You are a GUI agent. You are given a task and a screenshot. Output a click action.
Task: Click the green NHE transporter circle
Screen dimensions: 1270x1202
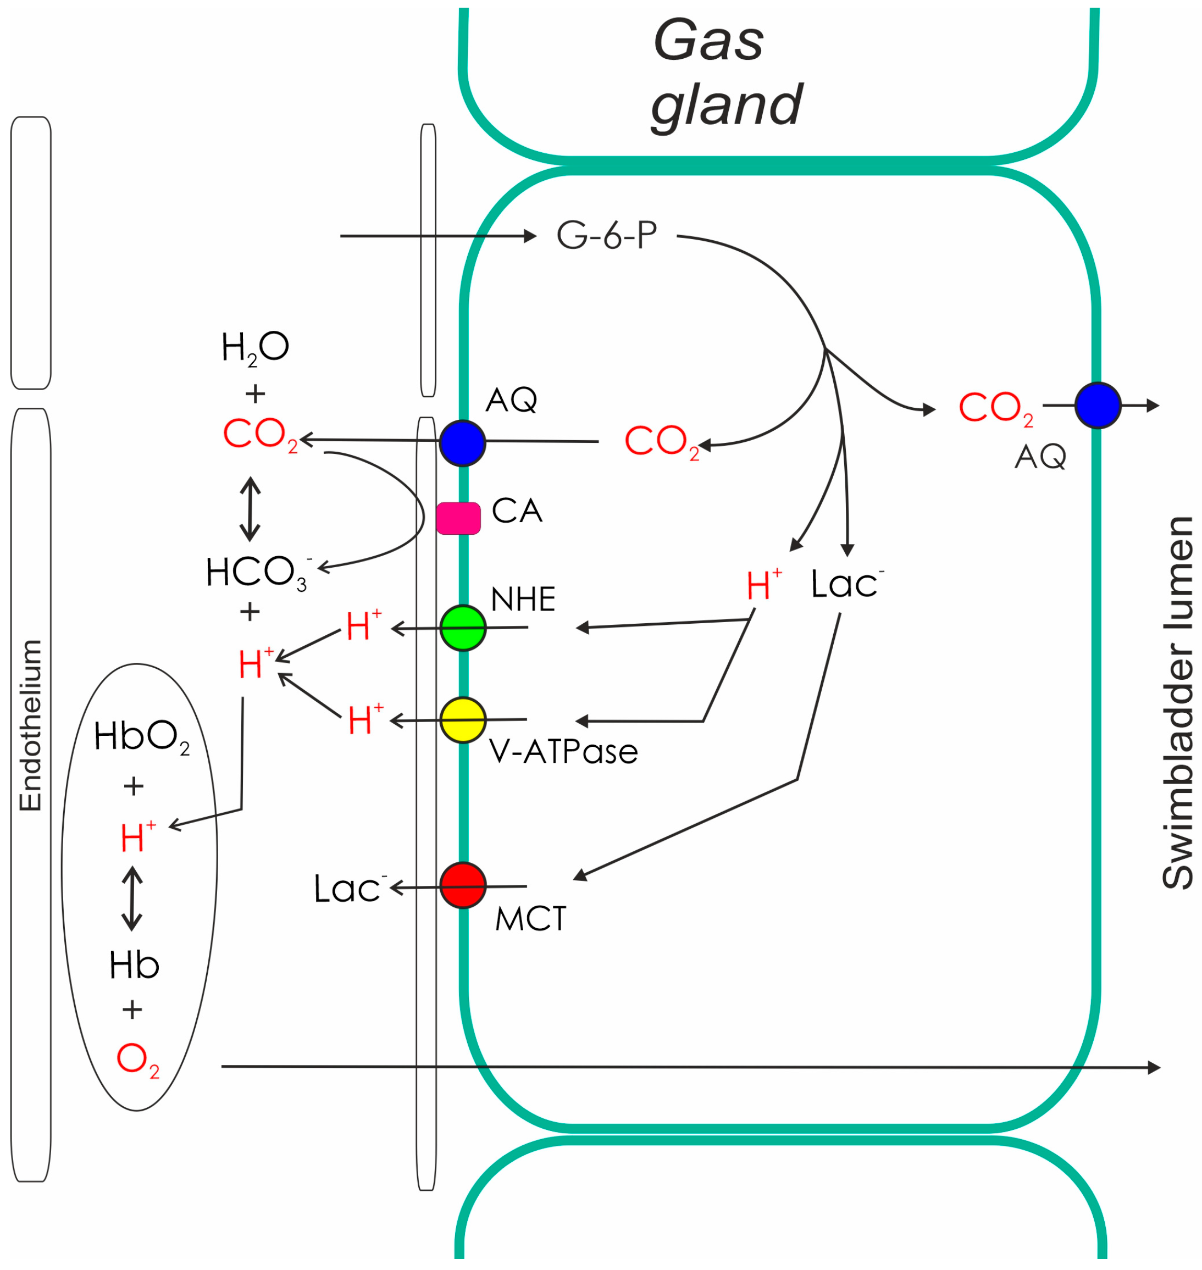(463, 628)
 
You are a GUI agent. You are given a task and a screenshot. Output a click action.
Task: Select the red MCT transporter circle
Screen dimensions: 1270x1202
(463, 885)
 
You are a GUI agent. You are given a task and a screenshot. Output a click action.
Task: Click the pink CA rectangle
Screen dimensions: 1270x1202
(458, 518)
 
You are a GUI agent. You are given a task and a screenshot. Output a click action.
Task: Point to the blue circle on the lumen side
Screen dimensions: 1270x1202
(1098, 406)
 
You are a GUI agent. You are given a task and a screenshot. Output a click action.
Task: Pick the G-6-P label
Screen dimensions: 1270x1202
(606, 235)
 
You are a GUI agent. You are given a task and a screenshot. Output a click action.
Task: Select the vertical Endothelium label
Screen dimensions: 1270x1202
(30, 725)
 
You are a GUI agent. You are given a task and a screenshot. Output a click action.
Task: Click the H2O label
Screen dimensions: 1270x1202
(254, 348)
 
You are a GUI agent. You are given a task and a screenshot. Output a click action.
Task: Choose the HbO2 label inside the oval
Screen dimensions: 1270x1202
(141, 736)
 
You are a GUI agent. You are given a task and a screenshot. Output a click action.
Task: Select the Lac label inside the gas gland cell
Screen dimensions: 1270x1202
(846, 584)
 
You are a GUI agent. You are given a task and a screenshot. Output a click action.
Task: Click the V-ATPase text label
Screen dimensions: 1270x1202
(563, 752)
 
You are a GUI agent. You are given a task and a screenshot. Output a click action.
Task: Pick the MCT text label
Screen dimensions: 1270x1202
(530, 919)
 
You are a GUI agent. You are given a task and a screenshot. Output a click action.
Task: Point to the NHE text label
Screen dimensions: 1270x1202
(523, 600)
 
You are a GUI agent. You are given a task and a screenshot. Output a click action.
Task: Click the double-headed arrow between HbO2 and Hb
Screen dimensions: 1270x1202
(132, 899)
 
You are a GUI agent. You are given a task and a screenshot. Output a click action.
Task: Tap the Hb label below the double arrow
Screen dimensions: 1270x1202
(134, 965)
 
